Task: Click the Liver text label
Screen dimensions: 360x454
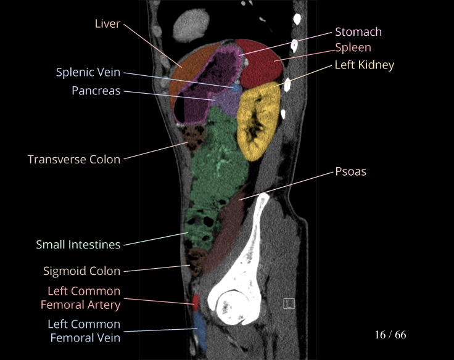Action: click(107, 24)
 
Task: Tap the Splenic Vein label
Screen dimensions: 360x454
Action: click(88, 72)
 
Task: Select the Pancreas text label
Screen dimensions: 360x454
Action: click(96, 91)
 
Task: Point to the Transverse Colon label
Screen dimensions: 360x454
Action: click(74, 159)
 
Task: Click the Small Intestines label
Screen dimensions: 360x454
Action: click(78, 245)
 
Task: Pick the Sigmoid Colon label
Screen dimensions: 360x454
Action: click(81, 271)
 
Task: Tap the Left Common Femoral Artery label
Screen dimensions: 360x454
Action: click(84, 297)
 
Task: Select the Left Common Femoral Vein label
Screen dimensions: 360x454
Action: click(84, 330)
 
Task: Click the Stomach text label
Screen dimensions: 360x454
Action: click(358, 31)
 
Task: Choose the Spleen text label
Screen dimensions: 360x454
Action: click(353, 47)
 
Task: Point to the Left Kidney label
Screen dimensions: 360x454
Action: click(364, 64)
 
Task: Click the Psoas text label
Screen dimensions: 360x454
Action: click(350, 171)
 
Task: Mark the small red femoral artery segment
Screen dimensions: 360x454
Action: click(196, 302)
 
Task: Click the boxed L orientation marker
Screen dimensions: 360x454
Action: click(289, 303)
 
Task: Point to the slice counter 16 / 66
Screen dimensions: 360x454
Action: click(390, 335)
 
